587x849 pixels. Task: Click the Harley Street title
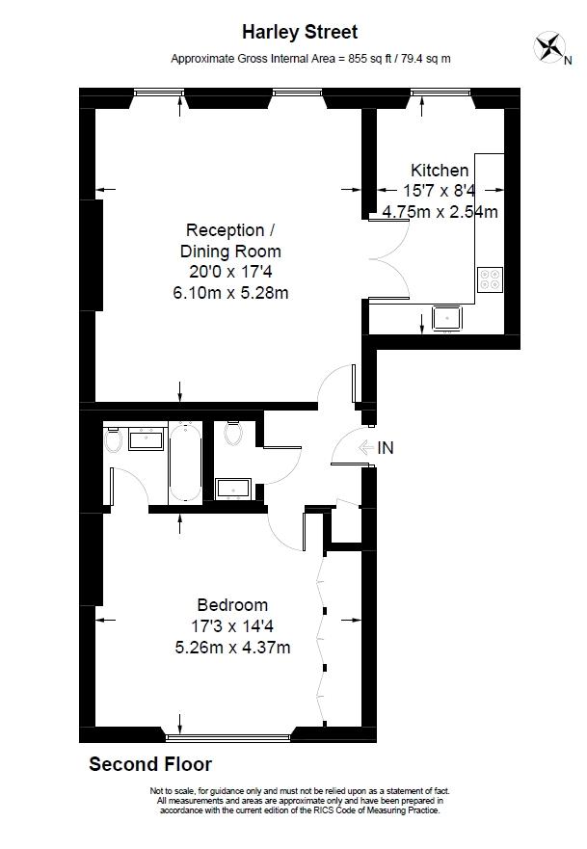tap(300, 33)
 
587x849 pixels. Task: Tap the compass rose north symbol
tap(550, 47)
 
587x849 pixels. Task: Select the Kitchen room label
tap(440, 170)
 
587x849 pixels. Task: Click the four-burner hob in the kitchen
tap(490, 279)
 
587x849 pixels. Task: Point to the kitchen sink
tap(446, 318)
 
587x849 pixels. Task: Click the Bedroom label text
tap(232, 605)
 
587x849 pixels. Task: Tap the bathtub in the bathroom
tap(185, 462)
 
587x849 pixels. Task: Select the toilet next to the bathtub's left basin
tap(113, 439)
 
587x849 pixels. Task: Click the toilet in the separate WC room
tap(234, 433)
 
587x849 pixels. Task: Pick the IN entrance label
tap(385, 448)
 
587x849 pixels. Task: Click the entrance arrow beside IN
tap(366, 448)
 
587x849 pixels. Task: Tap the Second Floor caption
tap(150, 764)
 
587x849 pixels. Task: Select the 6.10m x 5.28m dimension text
tap(230, 293)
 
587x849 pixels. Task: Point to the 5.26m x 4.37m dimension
tap(232, 647)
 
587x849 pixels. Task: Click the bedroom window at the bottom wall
tap(228, 736)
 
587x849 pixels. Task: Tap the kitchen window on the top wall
tap(440, 93)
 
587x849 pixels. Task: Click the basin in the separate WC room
tap(233, 489)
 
